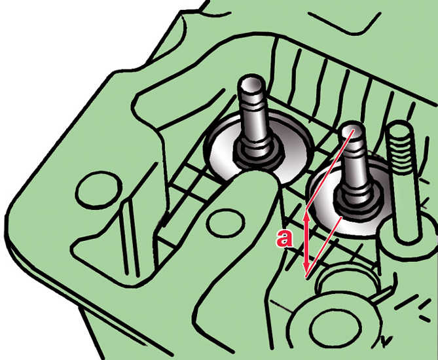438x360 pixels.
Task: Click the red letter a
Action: [x=285, y=238]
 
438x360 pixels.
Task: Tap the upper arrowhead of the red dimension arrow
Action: [x=306, y=215]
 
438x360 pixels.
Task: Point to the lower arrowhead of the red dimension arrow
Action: [x=306, y=268]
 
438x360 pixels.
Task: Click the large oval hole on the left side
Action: [x=97, y=190]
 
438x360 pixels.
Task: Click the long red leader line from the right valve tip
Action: [x=330, y=170]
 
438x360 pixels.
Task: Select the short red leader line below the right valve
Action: [x=323, y=247]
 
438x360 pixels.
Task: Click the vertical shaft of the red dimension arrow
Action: [x=306, y=242]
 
